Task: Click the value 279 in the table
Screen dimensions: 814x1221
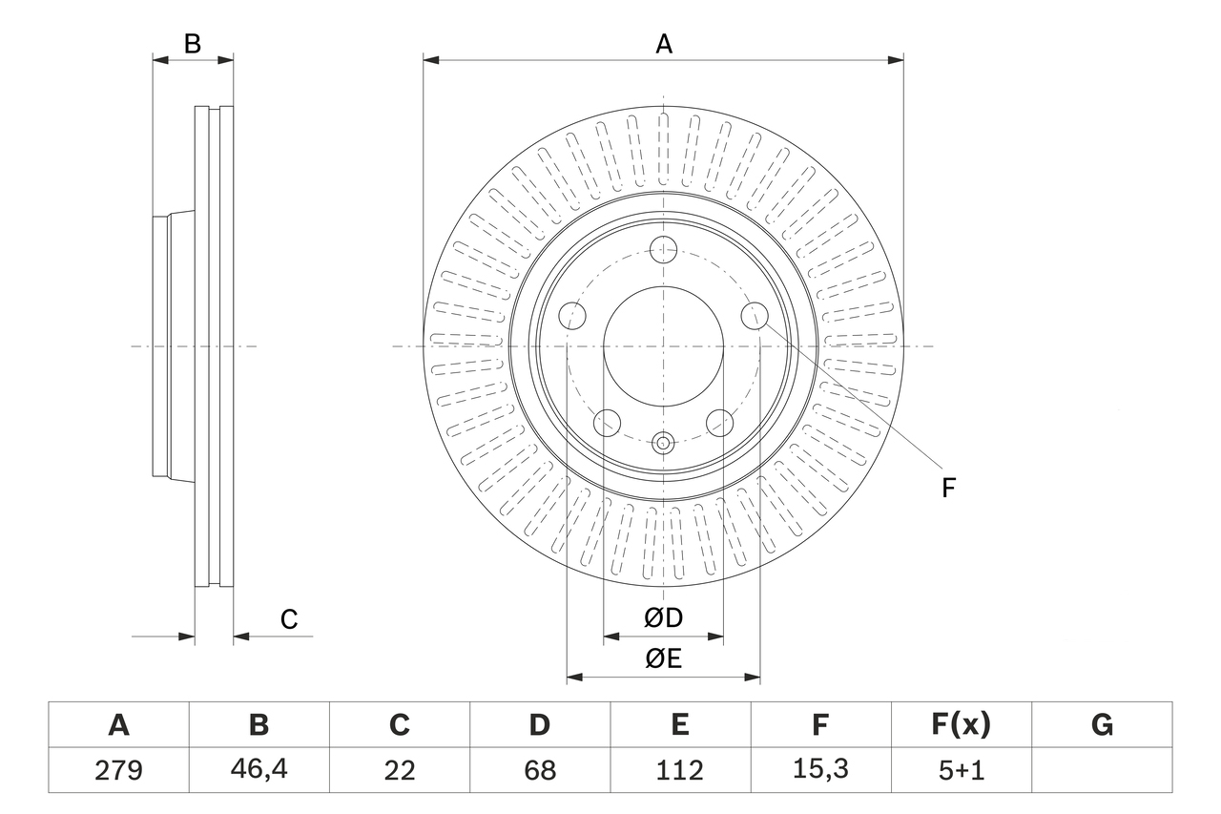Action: point(119,770)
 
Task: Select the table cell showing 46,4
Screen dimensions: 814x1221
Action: point(259,770)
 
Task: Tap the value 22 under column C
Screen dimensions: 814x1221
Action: point(399,770)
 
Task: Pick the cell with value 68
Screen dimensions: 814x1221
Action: point(539,770)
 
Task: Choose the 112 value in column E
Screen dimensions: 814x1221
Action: point(679,770)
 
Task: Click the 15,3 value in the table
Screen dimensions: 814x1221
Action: point(819,770)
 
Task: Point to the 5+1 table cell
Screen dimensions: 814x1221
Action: point(961,770)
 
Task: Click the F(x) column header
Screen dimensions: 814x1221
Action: point(961,726)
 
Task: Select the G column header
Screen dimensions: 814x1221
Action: point(1102,726)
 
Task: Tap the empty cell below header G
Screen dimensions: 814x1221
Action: point(1102,770)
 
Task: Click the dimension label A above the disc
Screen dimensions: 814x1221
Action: point(663,44)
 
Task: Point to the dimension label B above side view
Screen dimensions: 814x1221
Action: point(193,44)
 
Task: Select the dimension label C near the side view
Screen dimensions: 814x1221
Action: point(289,619)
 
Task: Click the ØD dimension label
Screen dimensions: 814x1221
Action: point(663,618)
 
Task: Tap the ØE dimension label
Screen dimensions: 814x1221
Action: point(663,659)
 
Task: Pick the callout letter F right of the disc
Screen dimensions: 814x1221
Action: point(948,489)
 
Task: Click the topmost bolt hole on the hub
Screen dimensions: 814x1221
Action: point(663,251)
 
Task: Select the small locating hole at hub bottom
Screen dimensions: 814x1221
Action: point(663,442)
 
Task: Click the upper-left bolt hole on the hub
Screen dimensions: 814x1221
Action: point(572,315)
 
